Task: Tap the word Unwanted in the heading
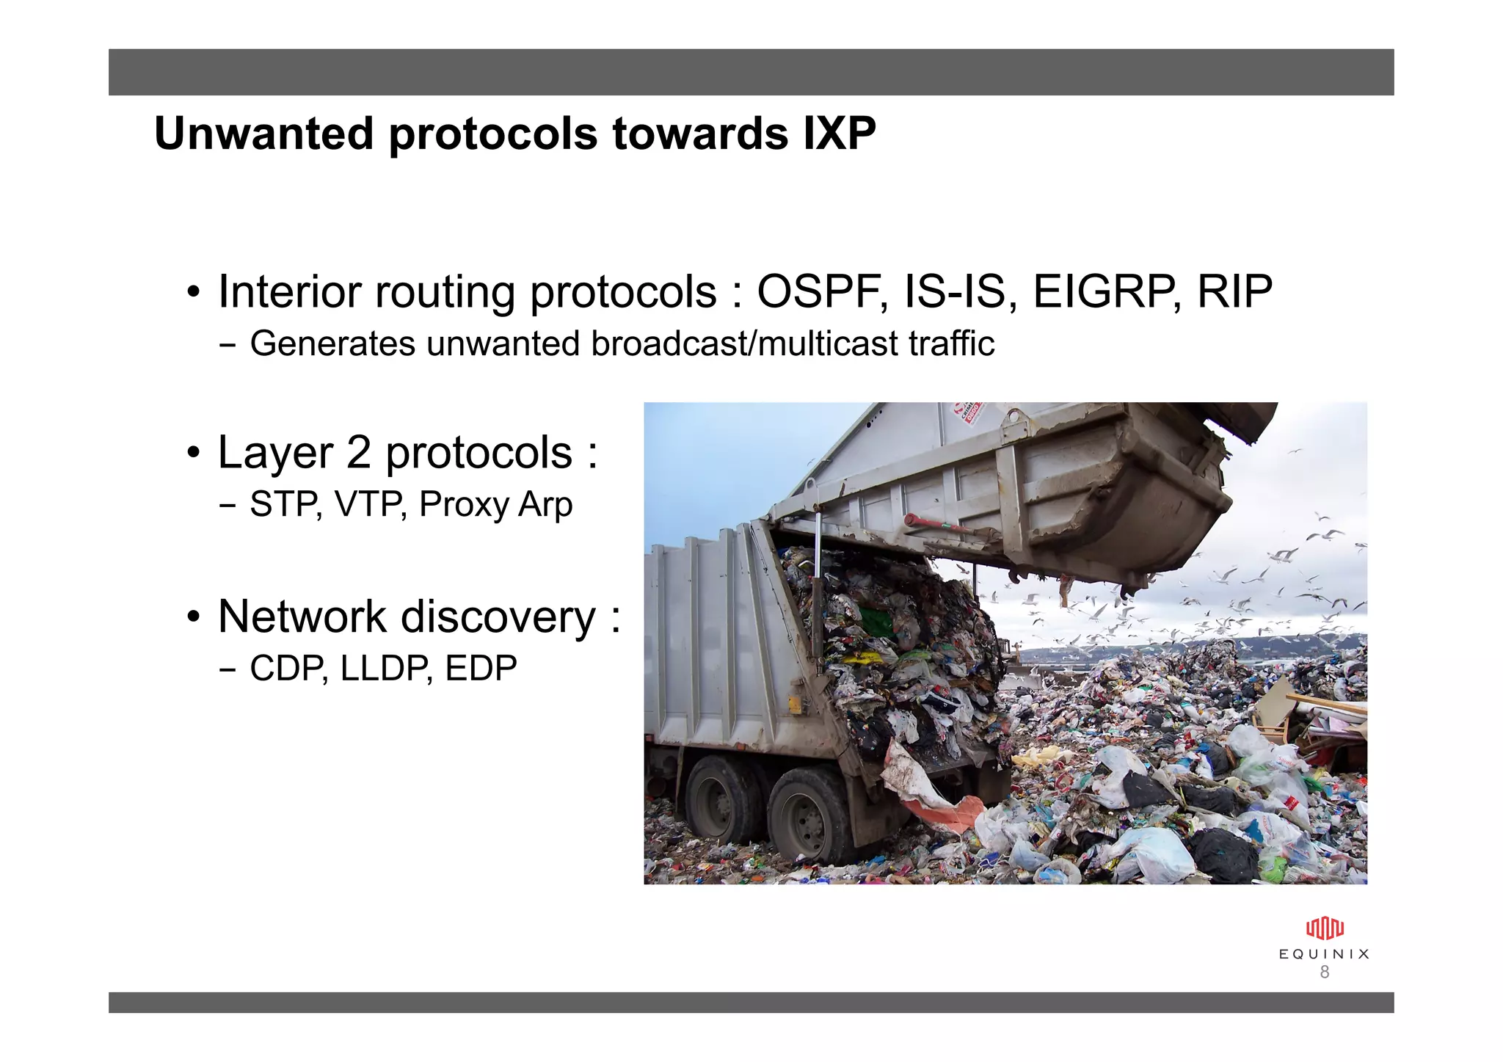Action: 263,134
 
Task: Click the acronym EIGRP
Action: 1105,291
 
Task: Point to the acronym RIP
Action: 1234,291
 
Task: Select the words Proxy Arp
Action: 495,505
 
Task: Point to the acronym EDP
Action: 481,668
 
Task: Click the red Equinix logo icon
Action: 1325,928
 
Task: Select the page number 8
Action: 1325,972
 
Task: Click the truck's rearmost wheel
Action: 809,815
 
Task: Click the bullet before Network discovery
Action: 193,617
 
